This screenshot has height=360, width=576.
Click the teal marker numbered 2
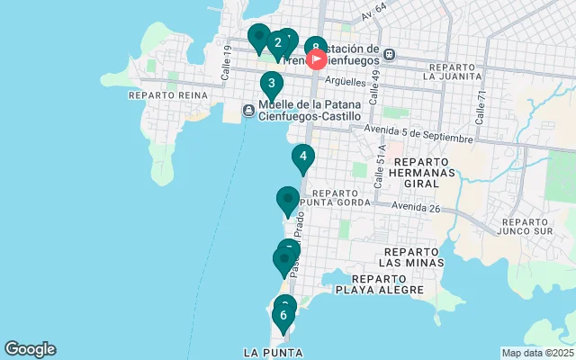click(x=277, y=42)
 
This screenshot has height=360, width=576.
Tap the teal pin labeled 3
click(x=272, y=84)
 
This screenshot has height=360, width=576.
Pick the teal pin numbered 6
click(x=283, y=315)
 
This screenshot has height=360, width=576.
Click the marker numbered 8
click(x=315, y=48)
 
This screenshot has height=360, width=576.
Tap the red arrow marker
click(x=317, y=60)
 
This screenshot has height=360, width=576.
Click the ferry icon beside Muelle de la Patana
click(x=248, y=110)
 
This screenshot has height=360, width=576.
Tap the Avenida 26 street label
click(x=415, y=207)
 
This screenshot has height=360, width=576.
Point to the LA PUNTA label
click(x=273, y=352)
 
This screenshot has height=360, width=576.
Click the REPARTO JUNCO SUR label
click(x=536, y=227)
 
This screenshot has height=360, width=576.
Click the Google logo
click(x=30, y=349)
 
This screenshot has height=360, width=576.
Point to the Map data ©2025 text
click(x=537, y=353)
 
